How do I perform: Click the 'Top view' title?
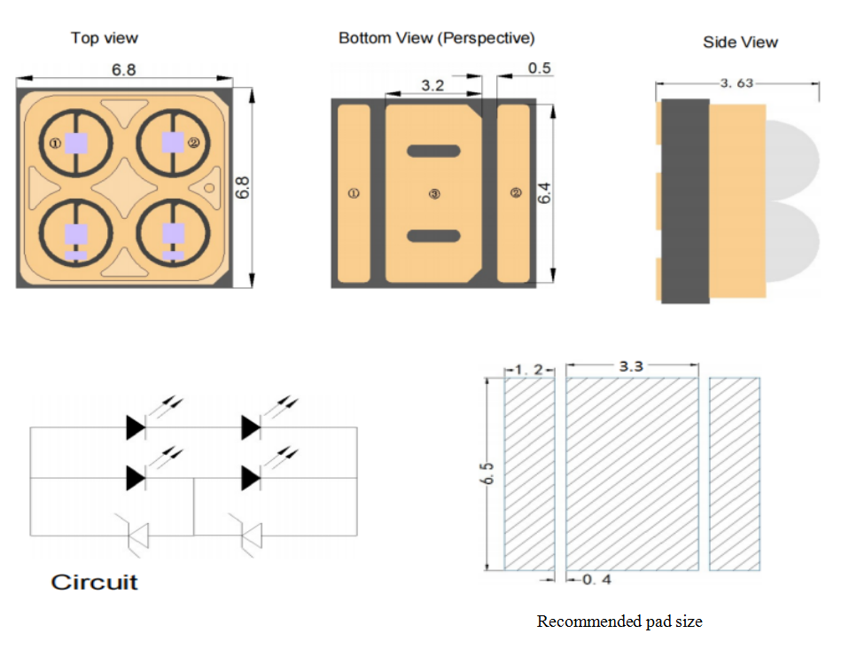pos(105,38)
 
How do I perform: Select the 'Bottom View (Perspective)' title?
pos(436,38)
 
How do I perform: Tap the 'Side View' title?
pos(740,42)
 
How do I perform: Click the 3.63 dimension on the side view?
pos(736,83)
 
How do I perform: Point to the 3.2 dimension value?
pos(432,86)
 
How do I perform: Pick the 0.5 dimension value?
pos(539,68)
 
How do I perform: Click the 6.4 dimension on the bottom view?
pos(545,193)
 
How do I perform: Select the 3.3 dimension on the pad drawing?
pos(630,364)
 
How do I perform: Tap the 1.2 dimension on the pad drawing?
pos(529,370)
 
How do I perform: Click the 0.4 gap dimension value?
pos(596,580)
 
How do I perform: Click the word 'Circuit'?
pos(95,583)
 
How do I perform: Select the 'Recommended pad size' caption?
pos(620,622)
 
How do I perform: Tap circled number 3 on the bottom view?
pos(434,193)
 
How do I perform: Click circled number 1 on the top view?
pos(55,143)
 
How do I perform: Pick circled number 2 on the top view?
pos(193,142)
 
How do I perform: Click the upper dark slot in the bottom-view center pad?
pos(433,151)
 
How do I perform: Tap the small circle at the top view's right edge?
pos(209,187)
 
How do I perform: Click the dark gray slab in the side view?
pos(685,200)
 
